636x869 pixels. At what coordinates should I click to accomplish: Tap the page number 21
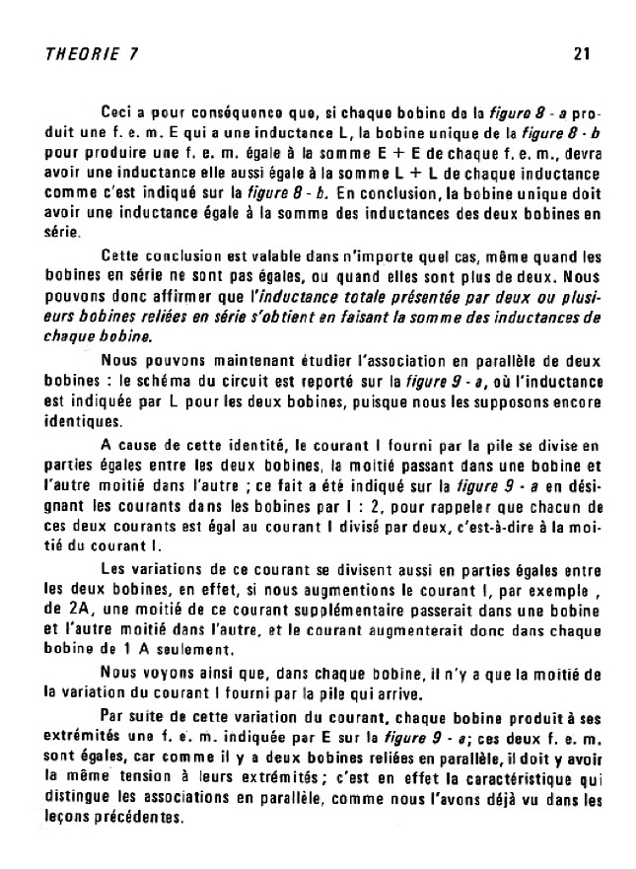(x=581, y=54)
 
